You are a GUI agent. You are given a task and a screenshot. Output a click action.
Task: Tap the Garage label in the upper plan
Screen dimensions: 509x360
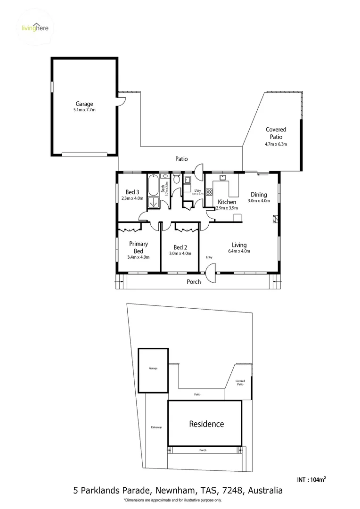click(x=84, y=104)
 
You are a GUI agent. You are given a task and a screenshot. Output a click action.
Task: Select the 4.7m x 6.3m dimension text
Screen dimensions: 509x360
click(x=276, y=144)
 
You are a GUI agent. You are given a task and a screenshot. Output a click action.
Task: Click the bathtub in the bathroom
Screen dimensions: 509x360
click(x=154, y=186)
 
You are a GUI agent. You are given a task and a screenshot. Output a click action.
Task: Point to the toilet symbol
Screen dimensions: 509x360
click(x=176, y=180)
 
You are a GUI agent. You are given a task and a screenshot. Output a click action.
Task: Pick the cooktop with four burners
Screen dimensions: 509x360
click(x=209, y=192)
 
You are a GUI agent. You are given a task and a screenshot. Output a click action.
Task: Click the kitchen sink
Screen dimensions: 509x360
click(x=222, y=178)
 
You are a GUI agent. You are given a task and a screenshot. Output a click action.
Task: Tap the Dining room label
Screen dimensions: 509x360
click(x=259, y=194)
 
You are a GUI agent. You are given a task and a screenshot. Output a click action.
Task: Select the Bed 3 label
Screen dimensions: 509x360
click(x=132, y=192)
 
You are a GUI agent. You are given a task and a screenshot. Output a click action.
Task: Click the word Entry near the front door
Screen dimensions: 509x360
click(x=209, y=257)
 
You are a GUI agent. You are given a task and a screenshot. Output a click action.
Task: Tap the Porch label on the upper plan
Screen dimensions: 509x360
click(x=194, y=281)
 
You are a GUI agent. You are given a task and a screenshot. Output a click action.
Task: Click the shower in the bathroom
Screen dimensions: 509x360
click(x=154, y=203)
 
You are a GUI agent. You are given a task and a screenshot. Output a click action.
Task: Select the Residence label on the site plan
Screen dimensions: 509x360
click(x=206, y=424)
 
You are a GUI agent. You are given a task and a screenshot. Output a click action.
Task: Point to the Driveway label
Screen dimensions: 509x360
click(x=156, y=427)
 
